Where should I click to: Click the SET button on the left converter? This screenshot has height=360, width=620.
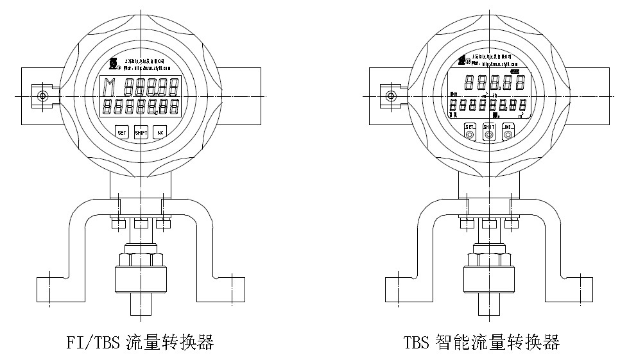pos(122,133)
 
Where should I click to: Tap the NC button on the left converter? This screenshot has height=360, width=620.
pos(160,133)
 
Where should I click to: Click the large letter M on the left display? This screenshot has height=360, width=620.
pos(110,85)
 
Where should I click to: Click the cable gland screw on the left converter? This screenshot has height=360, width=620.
pos(42,96)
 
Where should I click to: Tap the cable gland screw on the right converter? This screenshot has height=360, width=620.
pos(389,96)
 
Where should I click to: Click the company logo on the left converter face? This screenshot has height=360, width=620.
pos(113,64)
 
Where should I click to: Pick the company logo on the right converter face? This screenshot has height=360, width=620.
pos(461,61)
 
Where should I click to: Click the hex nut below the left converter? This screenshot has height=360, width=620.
pos(141,260)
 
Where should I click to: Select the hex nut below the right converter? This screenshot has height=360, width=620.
pos(488,260)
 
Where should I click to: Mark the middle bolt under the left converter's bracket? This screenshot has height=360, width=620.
pos(141,224)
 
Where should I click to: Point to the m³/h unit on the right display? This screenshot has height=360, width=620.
pos(497,96)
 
